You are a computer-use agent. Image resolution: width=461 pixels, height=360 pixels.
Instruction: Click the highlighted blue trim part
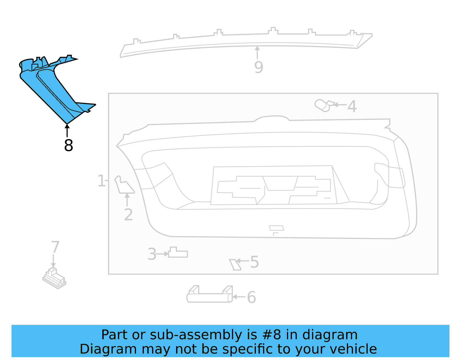52,89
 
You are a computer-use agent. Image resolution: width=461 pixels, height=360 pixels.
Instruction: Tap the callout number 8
69,145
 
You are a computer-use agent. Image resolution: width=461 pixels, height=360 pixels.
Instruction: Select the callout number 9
258,67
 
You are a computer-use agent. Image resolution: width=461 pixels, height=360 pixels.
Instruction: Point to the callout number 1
101,181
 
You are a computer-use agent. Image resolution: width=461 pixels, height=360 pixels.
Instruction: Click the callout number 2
128,215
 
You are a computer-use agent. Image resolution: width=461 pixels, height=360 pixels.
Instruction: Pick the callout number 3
152,254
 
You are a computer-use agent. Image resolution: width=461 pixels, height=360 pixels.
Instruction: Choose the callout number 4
352,106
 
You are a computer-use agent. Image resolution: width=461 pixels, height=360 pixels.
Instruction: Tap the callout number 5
254,262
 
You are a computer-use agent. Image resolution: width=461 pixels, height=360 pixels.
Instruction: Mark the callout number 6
251,297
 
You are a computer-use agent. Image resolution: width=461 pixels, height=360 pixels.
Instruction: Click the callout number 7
55,247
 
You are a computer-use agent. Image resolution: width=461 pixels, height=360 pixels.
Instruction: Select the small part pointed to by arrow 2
124,185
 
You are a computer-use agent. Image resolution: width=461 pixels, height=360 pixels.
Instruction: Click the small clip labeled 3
178,252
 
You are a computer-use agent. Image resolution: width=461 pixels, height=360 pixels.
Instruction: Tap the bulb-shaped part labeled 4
324,105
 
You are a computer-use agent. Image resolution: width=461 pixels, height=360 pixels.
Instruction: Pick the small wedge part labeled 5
235,265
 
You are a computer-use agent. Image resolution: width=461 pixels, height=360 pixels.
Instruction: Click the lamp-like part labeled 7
54,278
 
